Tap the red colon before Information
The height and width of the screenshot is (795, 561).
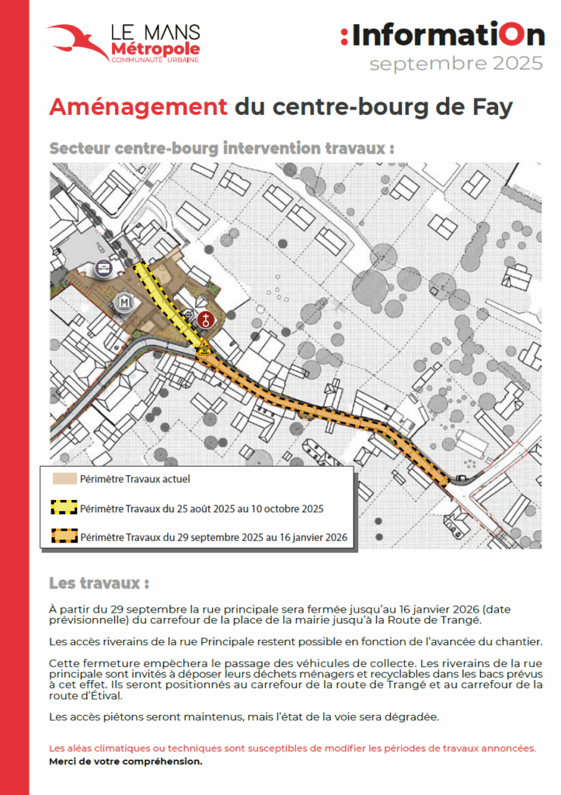point(344,36)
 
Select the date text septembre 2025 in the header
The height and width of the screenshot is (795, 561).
point(456,64)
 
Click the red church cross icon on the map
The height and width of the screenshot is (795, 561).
point(205,318)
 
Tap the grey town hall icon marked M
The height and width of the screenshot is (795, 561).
point(124,302)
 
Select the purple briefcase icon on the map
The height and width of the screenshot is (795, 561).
point(103,269)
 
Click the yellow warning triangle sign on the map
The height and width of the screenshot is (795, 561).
point(204,344)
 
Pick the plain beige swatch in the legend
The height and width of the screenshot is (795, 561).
point(63,479)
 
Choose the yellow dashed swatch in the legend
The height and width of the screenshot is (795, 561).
point(63,509)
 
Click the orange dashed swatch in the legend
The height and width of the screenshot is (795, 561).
point(63,536)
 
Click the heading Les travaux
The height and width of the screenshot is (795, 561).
point(99,582)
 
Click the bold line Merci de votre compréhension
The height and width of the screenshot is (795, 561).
point(125,762)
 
